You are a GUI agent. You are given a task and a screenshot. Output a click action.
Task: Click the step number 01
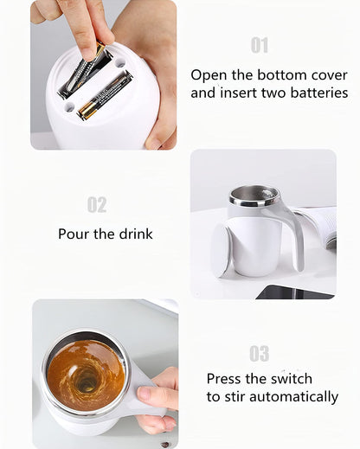[260, 45]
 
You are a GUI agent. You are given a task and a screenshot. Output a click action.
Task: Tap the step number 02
[97, 205]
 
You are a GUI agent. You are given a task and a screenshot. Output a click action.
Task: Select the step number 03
[260, 354]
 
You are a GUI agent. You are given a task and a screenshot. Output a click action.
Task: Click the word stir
[235, 397]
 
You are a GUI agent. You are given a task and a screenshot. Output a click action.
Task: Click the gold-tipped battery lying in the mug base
[105, 96]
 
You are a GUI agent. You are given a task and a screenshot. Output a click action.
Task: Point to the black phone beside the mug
[294, 292]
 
